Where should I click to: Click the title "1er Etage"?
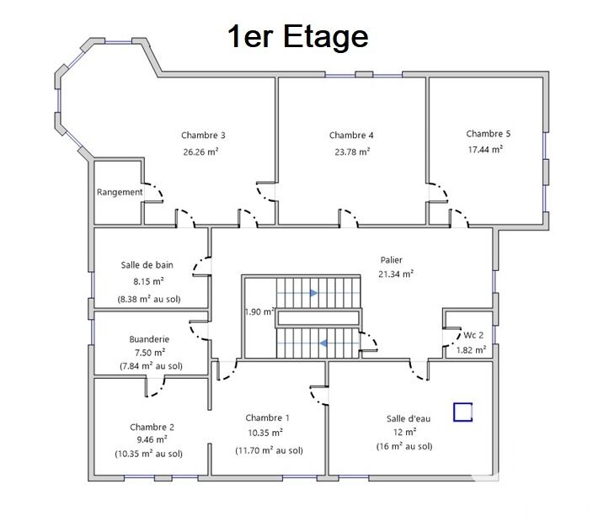click(x=297, y=37)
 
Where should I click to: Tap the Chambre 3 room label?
click(x=203, y=136)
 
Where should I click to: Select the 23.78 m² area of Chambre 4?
click(x=352, y=152)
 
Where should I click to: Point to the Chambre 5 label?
click(x=489, y=134)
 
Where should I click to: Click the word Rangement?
click(x=120, y=192)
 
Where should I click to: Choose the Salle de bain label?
click(x=147, y=265)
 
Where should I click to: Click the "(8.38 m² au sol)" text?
click(x=149, y=300)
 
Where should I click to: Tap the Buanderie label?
click(x=149, y=339)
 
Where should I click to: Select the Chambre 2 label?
click(x=152, y=428)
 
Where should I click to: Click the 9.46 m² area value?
click(x=152, y=439)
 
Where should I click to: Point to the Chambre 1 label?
click(x=267, y=418)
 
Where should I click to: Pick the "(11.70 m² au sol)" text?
click(x=270, y=450)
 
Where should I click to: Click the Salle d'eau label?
click(x=409, y=418)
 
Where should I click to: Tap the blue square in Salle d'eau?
click(x=463, y=412)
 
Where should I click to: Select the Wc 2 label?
click(x=473, y=335)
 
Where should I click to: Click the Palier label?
click(x=392, y=260)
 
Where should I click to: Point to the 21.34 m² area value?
click(x=396, y=274)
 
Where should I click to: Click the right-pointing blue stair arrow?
click(x=314, y=293)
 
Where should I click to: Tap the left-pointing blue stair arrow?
click(x=323, y=343)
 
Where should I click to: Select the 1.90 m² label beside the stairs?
click(x=259, y=312)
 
